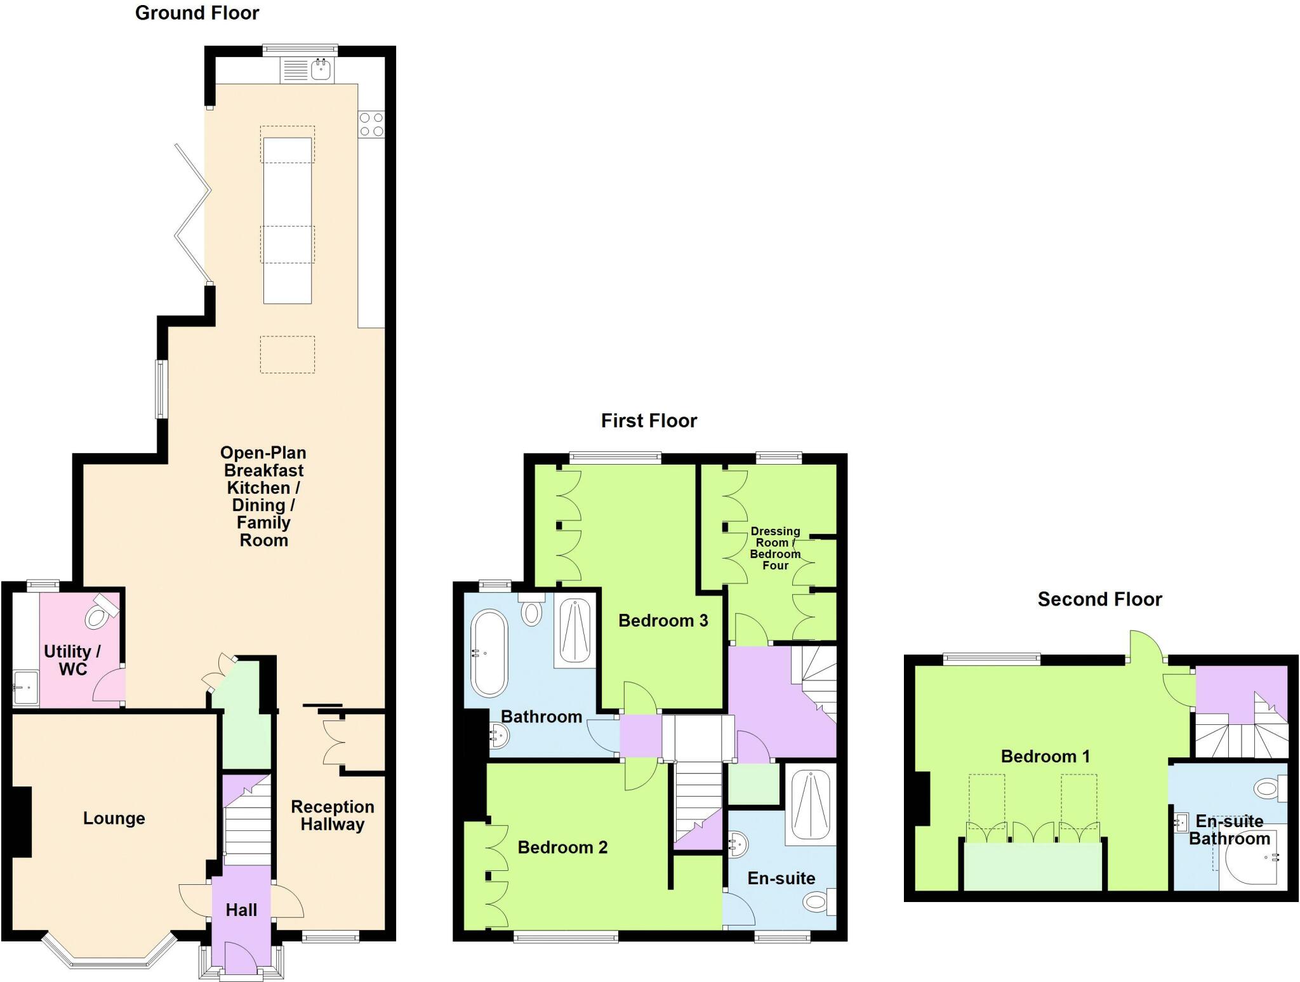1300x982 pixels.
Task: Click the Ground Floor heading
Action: (x=197, y=13)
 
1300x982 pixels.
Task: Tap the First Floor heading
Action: (x=649, y=421)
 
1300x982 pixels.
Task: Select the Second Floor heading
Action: (x=1099, y=599)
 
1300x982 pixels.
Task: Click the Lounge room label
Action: (x=114, y=818)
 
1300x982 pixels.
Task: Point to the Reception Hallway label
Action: (x=333, y=816)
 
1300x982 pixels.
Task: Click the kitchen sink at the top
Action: (x=321, y=70)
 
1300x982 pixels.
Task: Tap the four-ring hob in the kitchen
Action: (x=371, y=124)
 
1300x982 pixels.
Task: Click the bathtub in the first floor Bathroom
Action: (x=489, y=653)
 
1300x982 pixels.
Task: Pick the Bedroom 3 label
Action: (x=663, y=621)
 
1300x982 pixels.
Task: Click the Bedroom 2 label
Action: (x=562, y=847)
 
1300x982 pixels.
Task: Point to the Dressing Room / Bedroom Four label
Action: (x=775, y=548)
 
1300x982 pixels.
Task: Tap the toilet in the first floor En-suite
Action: (x=818, y=901)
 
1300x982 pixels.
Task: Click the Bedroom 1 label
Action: (x=1045, y=756)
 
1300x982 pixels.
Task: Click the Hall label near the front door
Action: (x=241, y=910)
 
